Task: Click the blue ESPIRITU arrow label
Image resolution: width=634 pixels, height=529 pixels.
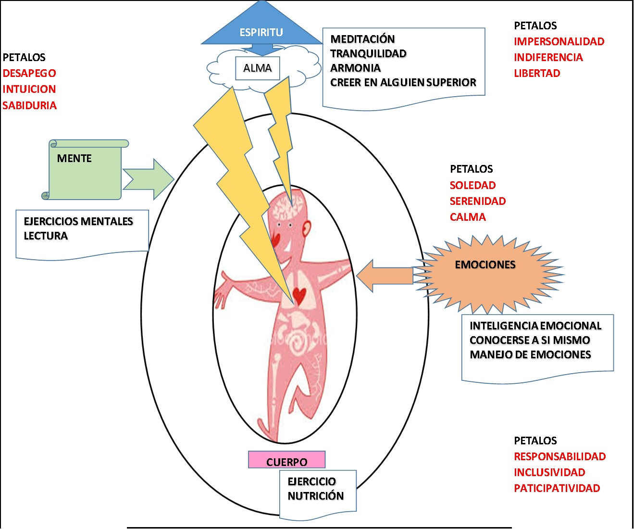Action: (x=261, y=32)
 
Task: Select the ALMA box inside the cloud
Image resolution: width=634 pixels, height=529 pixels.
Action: (x=258, y=68)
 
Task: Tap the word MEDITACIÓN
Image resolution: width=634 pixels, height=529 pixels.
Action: (x=362, y=39)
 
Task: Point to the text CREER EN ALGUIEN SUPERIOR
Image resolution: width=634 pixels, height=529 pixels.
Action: (x=403, y=82)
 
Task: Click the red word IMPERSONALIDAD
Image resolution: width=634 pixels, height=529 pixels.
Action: (x=559, y=41)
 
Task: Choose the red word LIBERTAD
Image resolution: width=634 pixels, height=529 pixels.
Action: (x=537, y=73)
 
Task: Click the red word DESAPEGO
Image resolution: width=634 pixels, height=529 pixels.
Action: (x=29, y=73)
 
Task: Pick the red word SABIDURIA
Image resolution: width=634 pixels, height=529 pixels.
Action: (x=29, y=105)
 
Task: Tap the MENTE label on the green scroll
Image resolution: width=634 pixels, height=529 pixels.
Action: (x=74, y=158)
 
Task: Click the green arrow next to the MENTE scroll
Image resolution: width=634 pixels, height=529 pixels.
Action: (x=148, y=179)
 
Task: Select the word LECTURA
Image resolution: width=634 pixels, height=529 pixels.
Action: (x=46, y=236)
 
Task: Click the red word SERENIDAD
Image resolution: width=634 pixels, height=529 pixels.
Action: (x=477, y=201)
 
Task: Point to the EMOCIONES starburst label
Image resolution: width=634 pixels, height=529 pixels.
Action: (x=485, y=264)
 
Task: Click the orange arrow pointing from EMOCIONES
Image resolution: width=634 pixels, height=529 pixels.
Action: (x=385, y=276)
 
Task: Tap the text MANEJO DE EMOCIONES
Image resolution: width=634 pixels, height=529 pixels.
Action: (x=530, y=354)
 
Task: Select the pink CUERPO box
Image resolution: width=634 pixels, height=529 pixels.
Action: (x=286, y=460)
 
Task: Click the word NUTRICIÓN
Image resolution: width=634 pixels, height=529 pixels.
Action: (x=315, y=496)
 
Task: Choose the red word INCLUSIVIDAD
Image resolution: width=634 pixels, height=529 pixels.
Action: (x=549, y=472)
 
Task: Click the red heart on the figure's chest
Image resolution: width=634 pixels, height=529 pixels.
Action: (x=300, y=294)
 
